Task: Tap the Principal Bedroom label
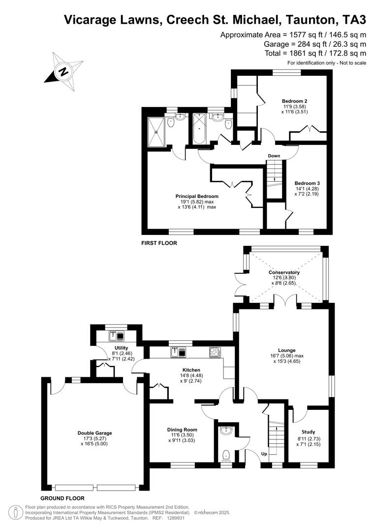pyautogui.click(x=197, y=196)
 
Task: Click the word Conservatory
pyautogui.click(x=284, y=272)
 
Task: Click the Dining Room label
pyautogui.click(x=182, y=430)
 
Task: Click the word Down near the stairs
pyautogui.click(x=274, y=156)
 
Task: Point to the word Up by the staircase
pyautogui.click(x=264, y=454)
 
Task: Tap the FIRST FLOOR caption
pyautogui.click(x=159, y=243)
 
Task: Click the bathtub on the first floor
pyautogui.click(x=200, y=129)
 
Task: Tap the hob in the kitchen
pyautogui.click(x=215, y=352)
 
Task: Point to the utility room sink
pyautogui.click(x=118, y=336)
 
